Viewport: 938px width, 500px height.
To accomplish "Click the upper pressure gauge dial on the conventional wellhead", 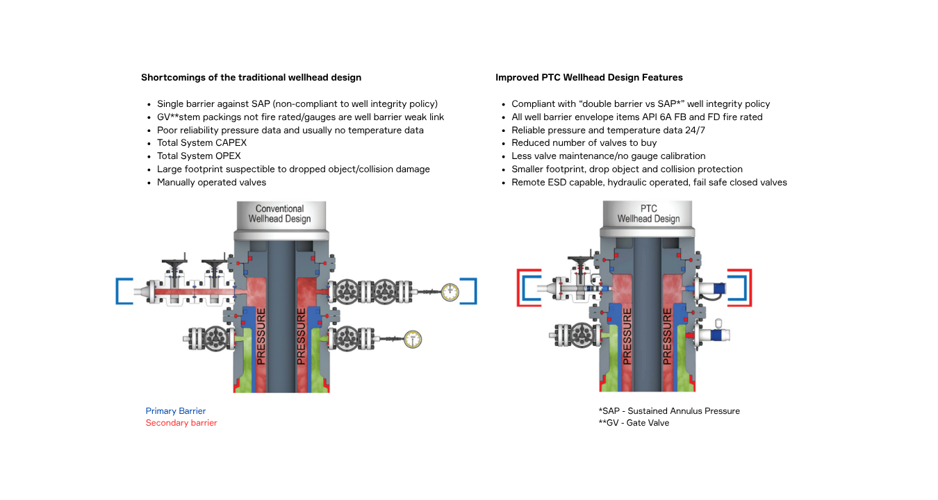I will [x=450, y=292].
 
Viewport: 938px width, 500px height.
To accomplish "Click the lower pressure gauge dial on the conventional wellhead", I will [x=413, y=340].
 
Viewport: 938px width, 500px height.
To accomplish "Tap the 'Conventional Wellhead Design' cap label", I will [x=280, y=214].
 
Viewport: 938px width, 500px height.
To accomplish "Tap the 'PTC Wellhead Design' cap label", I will [x=648, y=214].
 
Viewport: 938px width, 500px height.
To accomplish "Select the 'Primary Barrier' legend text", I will [x=176, y=411].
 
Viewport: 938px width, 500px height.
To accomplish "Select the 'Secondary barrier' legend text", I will [x=181, y=423].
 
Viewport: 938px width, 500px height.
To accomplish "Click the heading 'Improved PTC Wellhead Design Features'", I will [x=589, y=78].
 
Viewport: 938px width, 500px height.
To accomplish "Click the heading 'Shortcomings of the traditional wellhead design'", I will [x=251, y=78].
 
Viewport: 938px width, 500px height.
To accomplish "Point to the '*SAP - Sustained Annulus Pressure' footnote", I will [x=669, y=411].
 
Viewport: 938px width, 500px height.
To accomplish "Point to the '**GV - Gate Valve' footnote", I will [x=634, y=423].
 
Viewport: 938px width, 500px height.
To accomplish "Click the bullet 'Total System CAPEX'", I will [x=201, y=143].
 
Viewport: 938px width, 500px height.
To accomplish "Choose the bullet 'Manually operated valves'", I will [x=211, y=183].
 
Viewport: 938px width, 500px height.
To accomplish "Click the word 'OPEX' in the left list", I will [x=229, y=156].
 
